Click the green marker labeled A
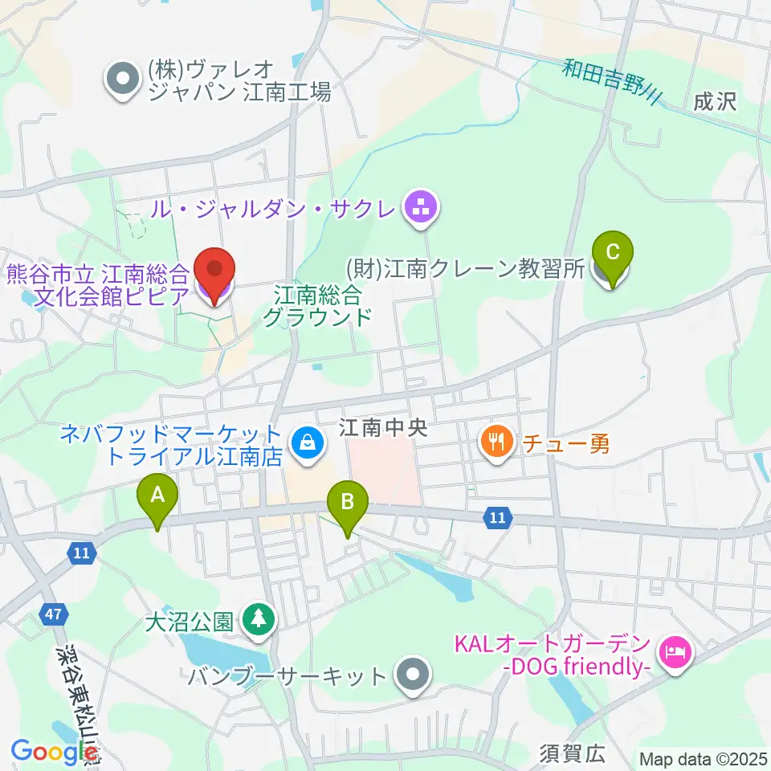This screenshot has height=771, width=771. [x=157, y=500]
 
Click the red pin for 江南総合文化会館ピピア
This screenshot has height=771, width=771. [x=214, y=274]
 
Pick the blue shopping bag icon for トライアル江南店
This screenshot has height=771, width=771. [x=306, y=440]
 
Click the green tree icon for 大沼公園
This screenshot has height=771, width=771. [x=257, y=620]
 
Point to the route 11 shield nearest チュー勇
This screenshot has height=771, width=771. [x=498, y=519]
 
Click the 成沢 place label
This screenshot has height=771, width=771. [x=716, y=102]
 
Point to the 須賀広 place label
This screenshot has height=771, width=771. [x=572, y=753]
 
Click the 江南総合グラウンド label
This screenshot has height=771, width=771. [x=317, y=305]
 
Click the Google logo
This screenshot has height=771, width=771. [x=50, y=751]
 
